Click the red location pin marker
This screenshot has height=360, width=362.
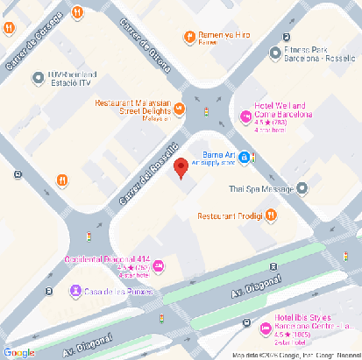[181, 167]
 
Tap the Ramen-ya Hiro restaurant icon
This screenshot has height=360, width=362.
[189, 37]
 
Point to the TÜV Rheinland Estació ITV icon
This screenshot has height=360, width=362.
[38, 79]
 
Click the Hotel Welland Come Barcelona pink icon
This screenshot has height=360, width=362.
[245, 116]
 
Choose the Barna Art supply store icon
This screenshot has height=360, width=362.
[247, 158]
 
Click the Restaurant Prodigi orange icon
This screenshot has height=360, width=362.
[272, 215]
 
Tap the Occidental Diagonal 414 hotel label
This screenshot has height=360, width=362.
[106, 259]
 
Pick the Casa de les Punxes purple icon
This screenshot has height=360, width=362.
[76, 290]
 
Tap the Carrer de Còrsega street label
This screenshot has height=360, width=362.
[33, 41]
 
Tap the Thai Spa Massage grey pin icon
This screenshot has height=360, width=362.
[302, 187]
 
